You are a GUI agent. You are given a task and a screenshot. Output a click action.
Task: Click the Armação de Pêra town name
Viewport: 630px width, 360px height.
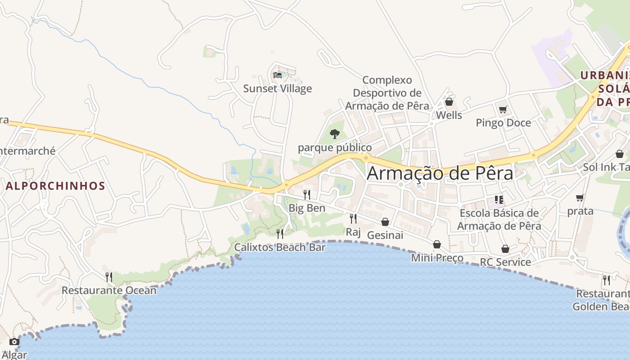point(440,173)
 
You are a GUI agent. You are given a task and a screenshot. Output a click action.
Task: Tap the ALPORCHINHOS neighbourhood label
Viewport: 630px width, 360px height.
point(55,186)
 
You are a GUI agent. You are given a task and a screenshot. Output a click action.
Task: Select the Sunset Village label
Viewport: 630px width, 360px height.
point(277,89)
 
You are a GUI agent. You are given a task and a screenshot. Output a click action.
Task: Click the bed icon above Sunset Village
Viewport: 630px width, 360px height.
point(278,75)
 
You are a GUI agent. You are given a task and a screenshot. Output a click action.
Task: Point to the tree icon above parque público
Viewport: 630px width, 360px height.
point(334,134)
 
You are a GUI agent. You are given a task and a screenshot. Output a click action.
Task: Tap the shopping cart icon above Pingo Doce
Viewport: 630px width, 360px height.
point(503,109)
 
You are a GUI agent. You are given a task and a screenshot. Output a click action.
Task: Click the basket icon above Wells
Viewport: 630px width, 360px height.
point(449,102)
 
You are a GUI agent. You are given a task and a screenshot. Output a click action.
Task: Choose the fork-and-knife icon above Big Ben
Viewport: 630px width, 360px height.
point(307,194)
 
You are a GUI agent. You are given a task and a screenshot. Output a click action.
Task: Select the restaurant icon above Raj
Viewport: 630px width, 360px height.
point(353,219)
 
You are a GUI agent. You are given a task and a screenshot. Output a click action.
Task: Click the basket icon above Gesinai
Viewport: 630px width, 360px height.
point(385,222)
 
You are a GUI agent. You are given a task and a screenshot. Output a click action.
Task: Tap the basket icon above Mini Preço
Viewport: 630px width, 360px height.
point(437,244)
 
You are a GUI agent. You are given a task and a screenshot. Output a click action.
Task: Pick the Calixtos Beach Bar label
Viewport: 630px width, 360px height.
point(280,247)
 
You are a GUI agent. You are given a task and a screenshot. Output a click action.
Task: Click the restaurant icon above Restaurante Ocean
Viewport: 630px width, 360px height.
point(108,276)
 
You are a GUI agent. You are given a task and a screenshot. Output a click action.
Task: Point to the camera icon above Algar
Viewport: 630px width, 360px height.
point(14,342)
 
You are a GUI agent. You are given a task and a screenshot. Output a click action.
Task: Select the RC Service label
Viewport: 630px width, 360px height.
point(505,262)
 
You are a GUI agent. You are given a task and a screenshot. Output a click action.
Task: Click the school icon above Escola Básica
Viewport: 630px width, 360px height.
point(499,199)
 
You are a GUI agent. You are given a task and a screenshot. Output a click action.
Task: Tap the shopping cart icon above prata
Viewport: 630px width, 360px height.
point(580,198)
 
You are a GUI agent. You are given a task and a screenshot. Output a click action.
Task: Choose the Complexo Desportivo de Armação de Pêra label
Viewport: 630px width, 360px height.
point(387,93)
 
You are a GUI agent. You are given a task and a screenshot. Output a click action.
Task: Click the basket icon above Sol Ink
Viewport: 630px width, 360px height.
point(620,154)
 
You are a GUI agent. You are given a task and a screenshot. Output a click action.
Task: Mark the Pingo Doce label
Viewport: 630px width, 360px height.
point(503,123)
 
